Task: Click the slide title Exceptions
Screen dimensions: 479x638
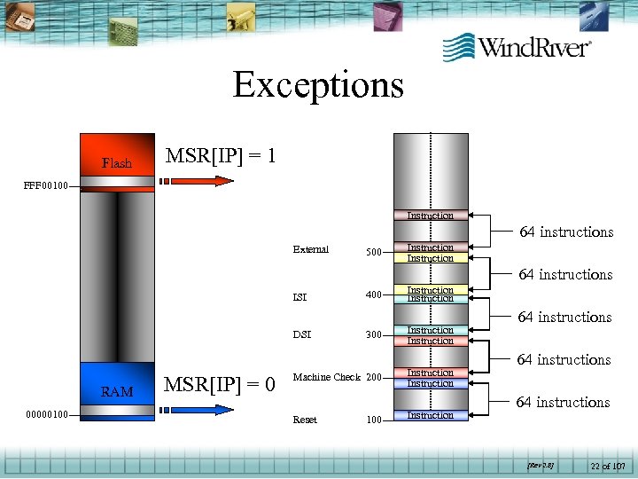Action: (x=318, y=85)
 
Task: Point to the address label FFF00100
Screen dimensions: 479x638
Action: (x=39, y=186)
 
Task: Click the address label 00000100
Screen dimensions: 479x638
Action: (x=39, y=413)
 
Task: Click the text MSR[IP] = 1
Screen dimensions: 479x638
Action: (x=221, y=156)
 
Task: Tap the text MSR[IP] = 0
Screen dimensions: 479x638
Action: (x=221, y=385)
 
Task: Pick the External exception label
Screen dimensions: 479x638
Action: (x=310, y=250)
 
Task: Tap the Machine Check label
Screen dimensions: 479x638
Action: (x=326, y=378)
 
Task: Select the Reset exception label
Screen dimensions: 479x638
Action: (x=304, y=420)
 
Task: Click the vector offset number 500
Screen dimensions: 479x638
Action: (x=373, y=253)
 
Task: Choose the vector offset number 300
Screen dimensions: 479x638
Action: (x=373, y=336)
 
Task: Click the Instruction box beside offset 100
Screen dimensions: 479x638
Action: (x=430, y=415)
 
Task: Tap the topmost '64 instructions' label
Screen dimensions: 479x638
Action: (x=566, y=232)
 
